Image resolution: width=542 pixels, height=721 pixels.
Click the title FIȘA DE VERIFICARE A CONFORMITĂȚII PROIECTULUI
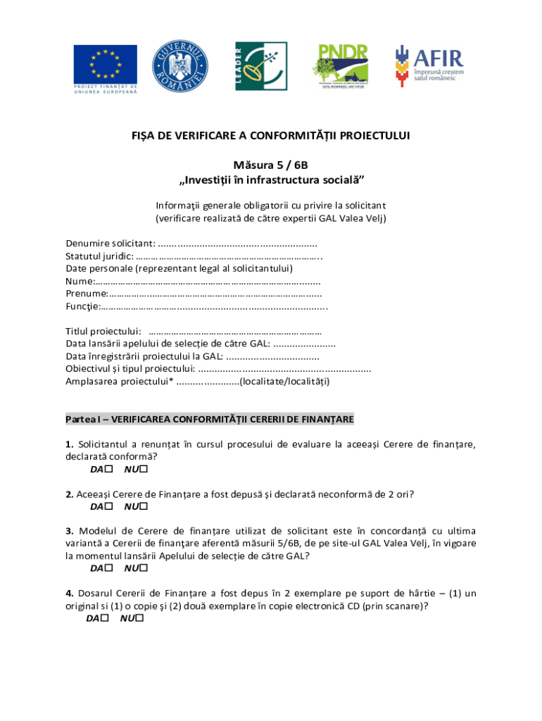(270, 136)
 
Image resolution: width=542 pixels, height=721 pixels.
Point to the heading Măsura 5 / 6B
(271, 165)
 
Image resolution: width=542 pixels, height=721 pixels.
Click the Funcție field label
(82, 306)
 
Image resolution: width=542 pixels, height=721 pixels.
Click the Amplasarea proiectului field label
(119, 382)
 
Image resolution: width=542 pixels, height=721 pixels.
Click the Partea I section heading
(209, 420)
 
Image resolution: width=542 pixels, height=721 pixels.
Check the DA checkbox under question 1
(108, 470)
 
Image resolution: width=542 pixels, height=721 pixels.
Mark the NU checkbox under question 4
(139, 619)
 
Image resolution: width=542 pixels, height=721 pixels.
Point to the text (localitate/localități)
(284, 382)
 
